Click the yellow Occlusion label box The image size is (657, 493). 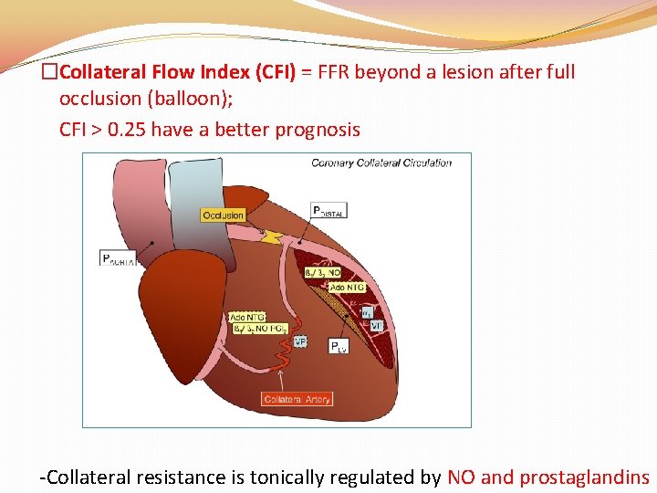pyautogui.click(x=223, y=215)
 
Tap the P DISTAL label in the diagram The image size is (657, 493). pyautogui.click(x=328, y=210)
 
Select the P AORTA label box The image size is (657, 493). pyautogui.click(x=119, y=258)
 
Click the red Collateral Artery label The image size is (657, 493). pyautogui.click(x=297, y=399)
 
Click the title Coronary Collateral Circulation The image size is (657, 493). pyautogui.click(x=381, y=163)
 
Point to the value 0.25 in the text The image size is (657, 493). pyautogui.click(x=127, y=130)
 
